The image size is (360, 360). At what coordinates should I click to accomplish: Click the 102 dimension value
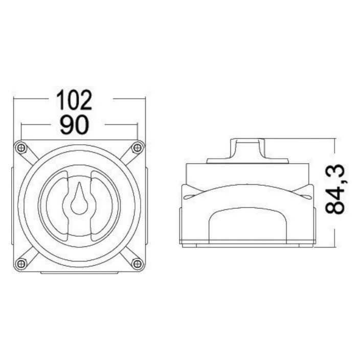click(x=74, y=100)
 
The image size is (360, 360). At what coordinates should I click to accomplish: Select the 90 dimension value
click(x=74, y=125)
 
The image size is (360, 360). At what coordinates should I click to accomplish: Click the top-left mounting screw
click(x=21, y=148)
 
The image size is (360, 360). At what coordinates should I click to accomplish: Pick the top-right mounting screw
click(x=137, y=148)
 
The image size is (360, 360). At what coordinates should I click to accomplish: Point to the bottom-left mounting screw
click(x=21, y=263)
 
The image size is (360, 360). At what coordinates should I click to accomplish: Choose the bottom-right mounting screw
click(x=137, y=263)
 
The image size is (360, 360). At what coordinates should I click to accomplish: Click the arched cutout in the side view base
click(x=247, y=226)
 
